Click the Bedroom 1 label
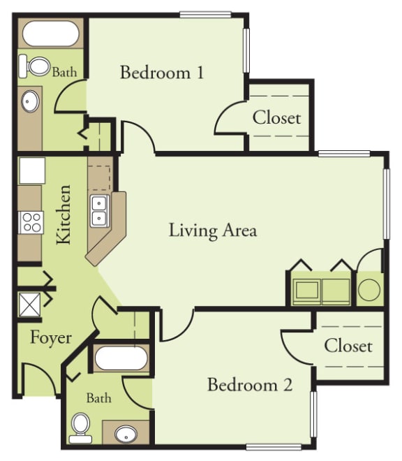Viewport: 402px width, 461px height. pyautogui.click(x=162, y=72)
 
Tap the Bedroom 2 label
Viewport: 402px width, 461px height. pyautogui.click(x=249, y=385)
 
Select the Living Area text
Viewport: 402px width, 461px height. pyautogui.click(x=212, y=230)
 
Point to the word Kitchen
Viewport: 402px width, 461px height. pyautogui.click(x=64, y=214)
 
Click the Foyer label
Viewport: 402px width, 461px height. pyautogui.click(x=50, y=338)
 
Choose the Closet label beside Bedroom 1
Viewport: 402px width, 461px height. pyautogui.click(x=276, y=117)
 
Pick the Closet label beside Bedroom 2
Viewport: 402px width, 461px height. pyautogui.click(x=348, y=346)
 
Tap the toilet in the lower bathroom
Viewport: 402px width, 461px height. pyautogui.click(x=81, y=425)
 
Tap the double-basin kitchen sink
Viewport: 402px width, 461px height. pyautogui.click(x=99, y=210)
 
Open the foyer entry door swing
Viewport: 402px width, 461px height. pyautogui.click(x=38, y=381)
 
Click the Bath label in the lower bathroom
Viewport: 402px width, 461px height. pyautogui.click(x=99, y=398)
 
